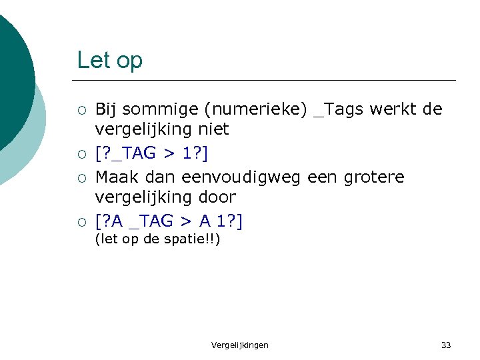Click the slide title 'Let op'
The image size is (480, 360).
(109, 61)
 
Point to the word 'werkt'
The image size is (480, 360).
(394, 109)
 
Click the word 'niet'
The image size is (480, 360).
(213, 129)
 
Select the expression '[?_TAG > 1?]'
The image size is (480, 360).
(152, 153)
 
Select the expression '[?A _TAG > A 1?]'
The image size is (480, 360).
(169, 221)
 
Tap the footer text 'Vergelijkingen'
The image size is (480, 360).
(240, 345)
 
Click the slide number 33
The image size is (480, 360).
(446, 345)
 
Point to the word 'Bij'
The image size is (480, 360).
(105, 109)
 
